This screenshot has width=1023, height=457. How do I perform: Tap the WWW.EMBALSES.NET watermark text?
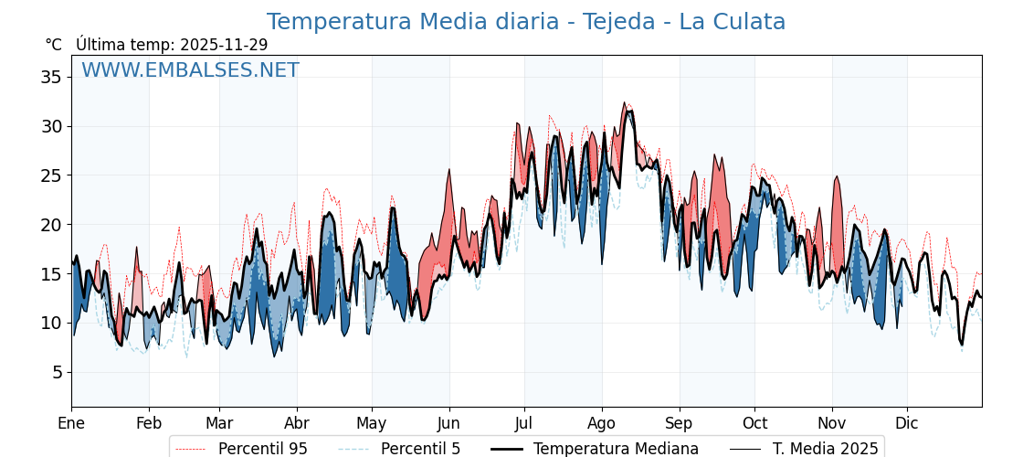[x=190, y=70]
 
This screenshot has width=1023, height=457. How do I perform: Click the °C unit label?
[x=54, y=45]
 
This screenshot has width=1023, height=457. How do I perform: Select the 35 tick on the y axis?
[x=51, y=77]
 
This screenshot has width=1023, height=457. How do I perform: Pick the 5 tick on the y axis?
[x=56, y=372]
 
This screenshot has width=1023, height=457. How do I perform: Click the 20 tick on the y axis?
[x=51, y=225]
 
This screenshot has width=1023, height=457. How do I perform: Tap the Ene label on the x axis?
[x=71, y=423]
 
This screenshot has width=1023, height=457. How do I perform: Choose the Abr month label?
[x=297, y=423]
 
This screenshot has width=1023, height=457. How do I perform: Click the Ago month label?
[x=602, y=423]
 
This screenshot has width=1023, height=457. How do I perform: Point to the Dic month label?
[x=907, y=423]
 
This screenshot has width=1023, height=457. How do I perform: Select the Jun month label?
[x=449, y=423]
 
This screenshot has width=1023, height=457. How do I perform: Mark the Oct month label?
[x=754, y=423]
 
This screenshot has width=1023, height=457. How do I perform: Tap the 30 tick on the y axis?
[x=51, y=126]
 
